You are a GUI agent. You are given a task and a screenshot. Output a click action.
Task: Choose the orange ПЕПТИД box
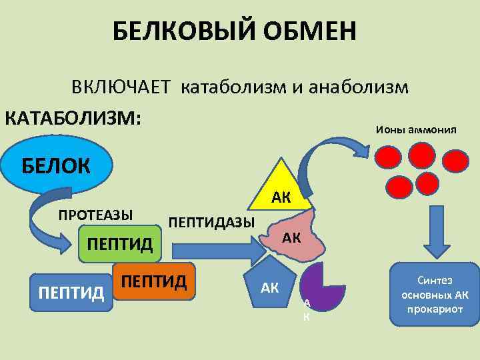[x=153, y=281]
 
